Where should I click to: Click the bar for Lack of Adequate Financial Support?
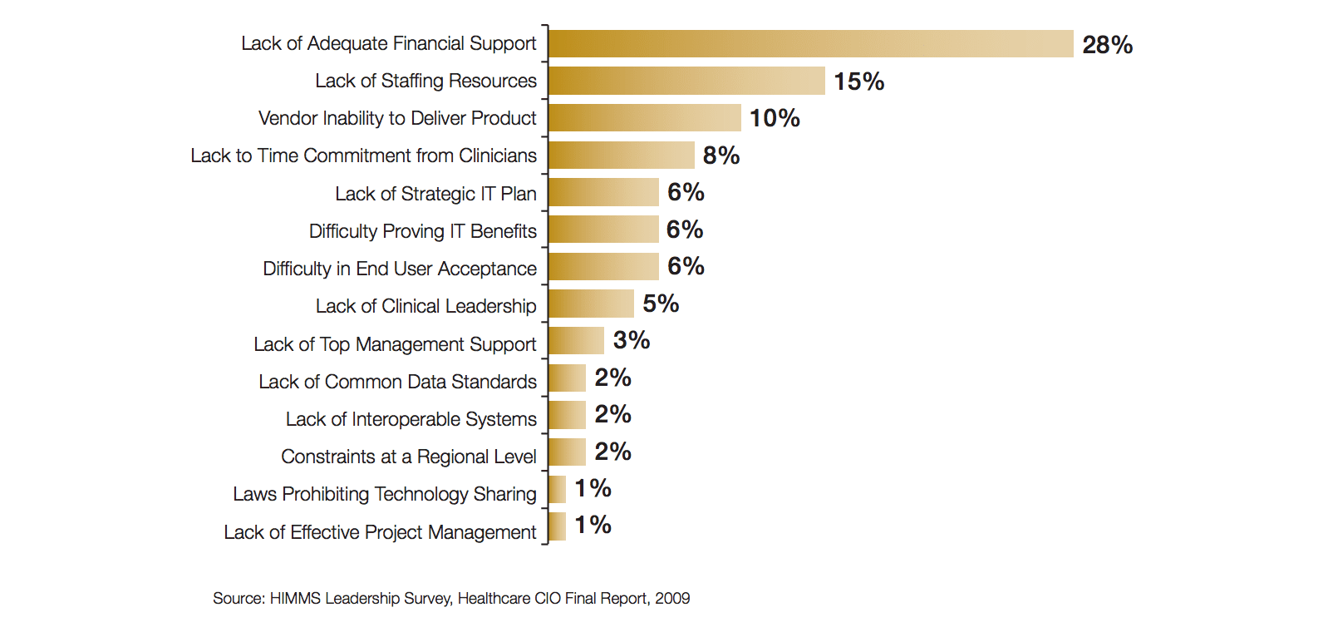click(811, 44)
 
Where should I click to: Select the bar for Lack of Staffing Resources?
click(686, 81)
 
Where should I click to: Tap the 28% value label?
click(1107, 45)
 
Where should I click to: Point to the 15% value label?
click(858, 81)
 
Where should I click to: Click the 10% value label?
click(775, 118)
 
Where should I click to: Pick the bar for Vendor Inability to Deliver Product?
click(645, 118)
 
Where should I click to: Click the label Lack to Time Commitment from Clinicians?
click(363, 156)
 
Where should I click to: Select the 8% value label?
click(721, 156)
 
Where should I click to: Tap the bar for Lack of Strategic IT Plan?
click(603, 192)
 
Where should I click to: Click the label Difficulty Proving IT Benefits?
click(422, 231)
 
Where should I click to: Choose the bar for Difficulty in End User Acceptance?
click(603, 266)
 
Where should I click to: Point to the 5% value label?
click(661, 304)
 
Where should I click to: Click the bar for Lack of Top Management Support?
click(576, 340)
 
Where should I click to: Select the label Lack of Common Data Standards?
click(397, 382)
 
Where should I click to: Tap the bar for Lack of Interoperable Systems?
click(567, 414)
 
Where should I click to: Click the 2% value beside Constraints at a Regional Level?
click(612, 452)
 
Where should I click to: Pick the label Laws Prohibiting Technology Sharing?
click(384, 494)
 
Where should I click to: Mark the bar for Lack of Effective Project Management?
click(558, 526)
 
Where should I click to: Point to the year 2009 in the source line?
click(672, 598)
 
